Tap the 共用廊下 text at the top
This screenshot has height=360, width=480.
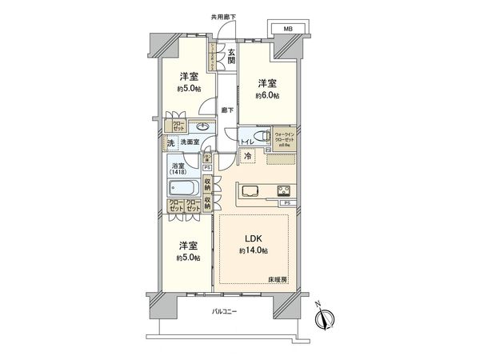pos(225,15)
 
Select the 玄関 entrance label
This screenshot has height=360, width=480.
pos(230,55)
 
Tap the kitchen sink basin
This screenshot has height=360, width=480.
pos(247,191)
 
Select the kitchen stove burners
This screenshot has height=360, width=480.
pos(284,190)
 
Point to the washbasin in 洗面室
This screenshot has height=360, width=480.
pos(201,126)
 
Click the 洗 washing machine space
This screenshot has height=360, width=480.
pos(170,143)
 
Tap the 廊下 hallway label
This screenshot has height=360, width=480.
pos(228,110)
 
